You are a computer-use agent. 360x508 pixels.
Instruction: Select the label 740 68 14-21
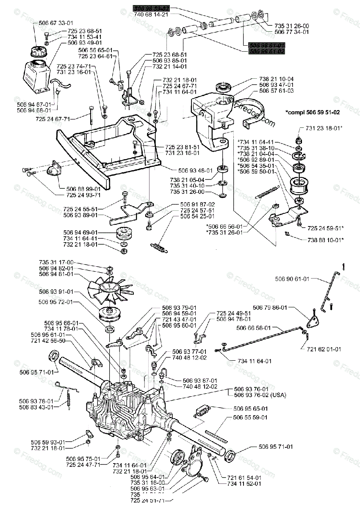pyautogui.click(x=151, y=14)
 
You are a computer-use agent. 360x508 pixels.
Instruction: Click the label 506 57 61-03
pyautogui.click(x=277, y=91)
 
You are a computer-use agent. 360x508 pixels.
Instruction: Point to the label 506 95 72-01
pyautogui.click(x=54, y=302)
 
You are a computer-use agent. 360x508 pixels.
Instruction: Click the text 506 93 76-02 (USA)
pyautogui.click(x=260, y=395)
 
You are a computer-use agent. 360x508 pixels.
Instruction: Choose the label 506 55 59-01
pyautogui.click(x=251, y=417)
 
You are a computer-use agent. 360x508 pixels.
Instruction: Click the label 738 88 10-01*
pyautogui.click(x=326, y=240)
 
